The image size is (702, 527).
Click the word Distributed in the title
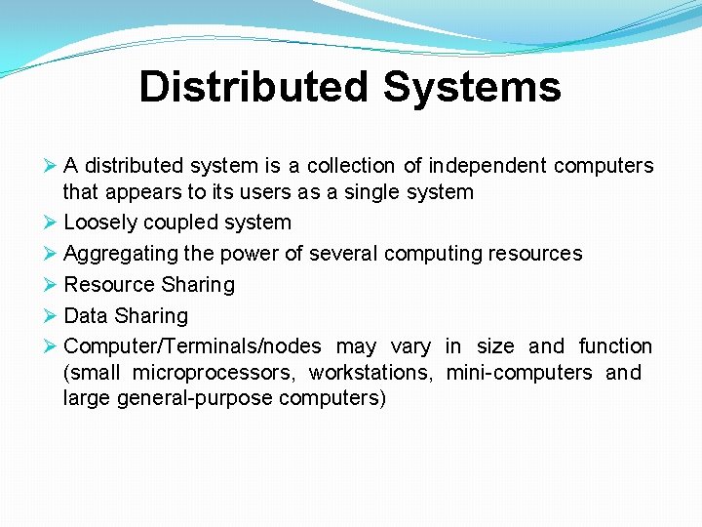click(x=254, y=86)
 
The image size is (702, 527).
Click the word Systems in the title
click(x=471, y=86)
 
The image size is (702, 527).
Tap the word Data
click(x=85, y=316)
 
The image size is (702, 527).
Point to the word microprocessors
click(x=214, y=373)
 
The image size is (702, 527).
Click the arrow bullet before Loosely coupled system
click(x=51, y=223)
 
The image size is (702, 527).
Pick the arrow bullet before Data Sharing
click(x=51, y=316)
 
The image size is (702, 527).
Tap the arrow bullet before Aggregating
click(x=51, y=254)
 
